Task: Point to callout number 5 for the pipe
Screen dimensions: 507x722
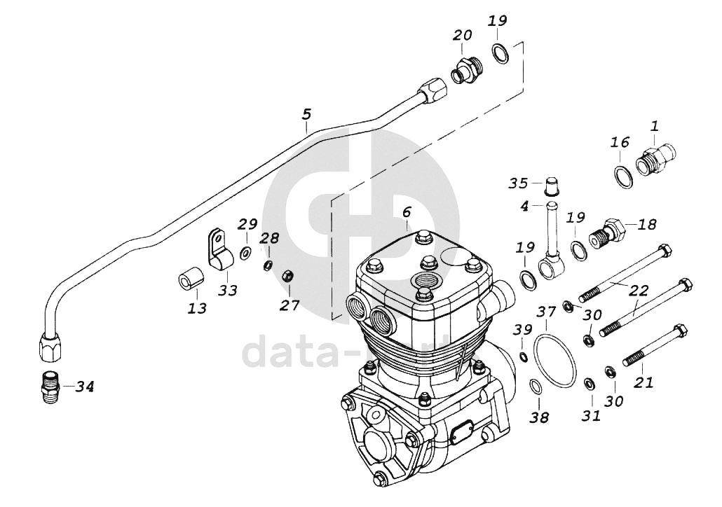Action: pos(306,114)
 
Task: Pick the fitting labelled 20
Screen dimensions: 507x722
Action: pos(465,70)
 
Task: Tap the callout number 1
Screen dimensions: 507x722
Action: pos(654,126)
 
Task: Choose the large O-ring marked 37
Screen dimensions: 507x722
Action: pos(555,360)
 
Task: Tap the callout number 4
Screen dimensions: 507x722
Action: pos(524,206)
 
